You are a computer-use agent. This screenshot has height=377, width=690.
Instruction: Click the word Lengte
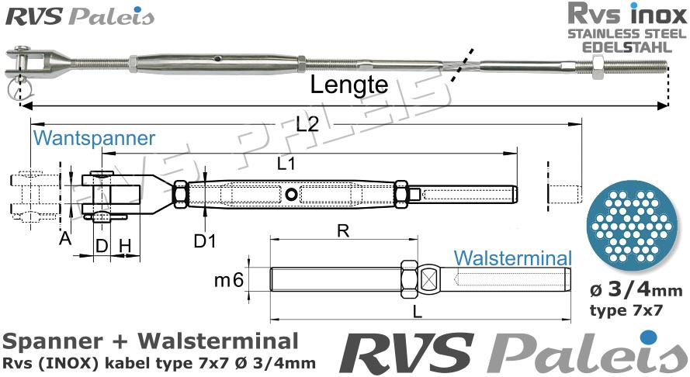(x=348, y=85)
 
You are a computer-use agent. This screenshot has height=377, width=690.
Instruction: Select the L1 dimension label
(x=286, y=164)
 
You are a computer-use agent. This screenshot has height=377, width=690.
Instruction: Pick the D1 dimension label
(x=204, y=241)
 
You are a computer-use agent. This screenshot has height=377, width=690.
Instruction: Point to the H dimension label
(x=125, y=246)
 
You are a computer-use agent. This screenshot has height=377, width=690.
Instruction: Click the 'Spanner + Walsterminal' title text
(x=150, y=341)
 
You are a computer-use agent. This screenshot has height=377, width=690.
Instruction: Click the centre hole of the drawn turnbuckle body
(x=291, y=194)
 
